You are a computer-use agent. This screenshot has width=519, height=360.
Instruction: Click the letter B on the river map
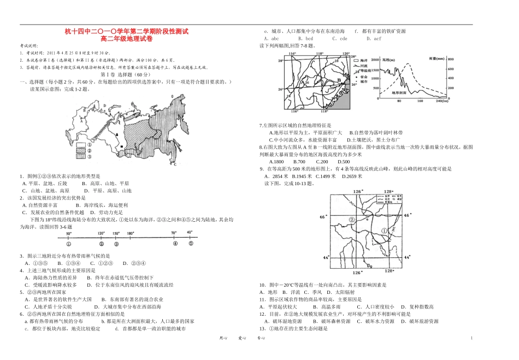click(x=339, y=80)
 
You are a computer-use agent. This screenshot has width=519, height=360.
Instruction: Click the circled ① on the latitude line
click(x=68, y=244)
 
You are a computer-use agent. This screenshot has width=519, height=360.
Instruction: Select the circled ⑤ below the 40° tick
click(x=191, y=244)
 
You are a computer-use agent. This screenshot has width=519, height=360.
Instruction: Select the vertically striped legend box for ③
click(x=80, y=156)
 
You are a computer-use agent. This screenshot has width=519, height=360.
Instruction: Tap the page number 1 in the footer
click(x=470, y=339)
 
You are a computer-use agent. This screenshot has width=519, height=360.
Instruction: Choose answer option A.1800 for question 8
click(x=276, y=162)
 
